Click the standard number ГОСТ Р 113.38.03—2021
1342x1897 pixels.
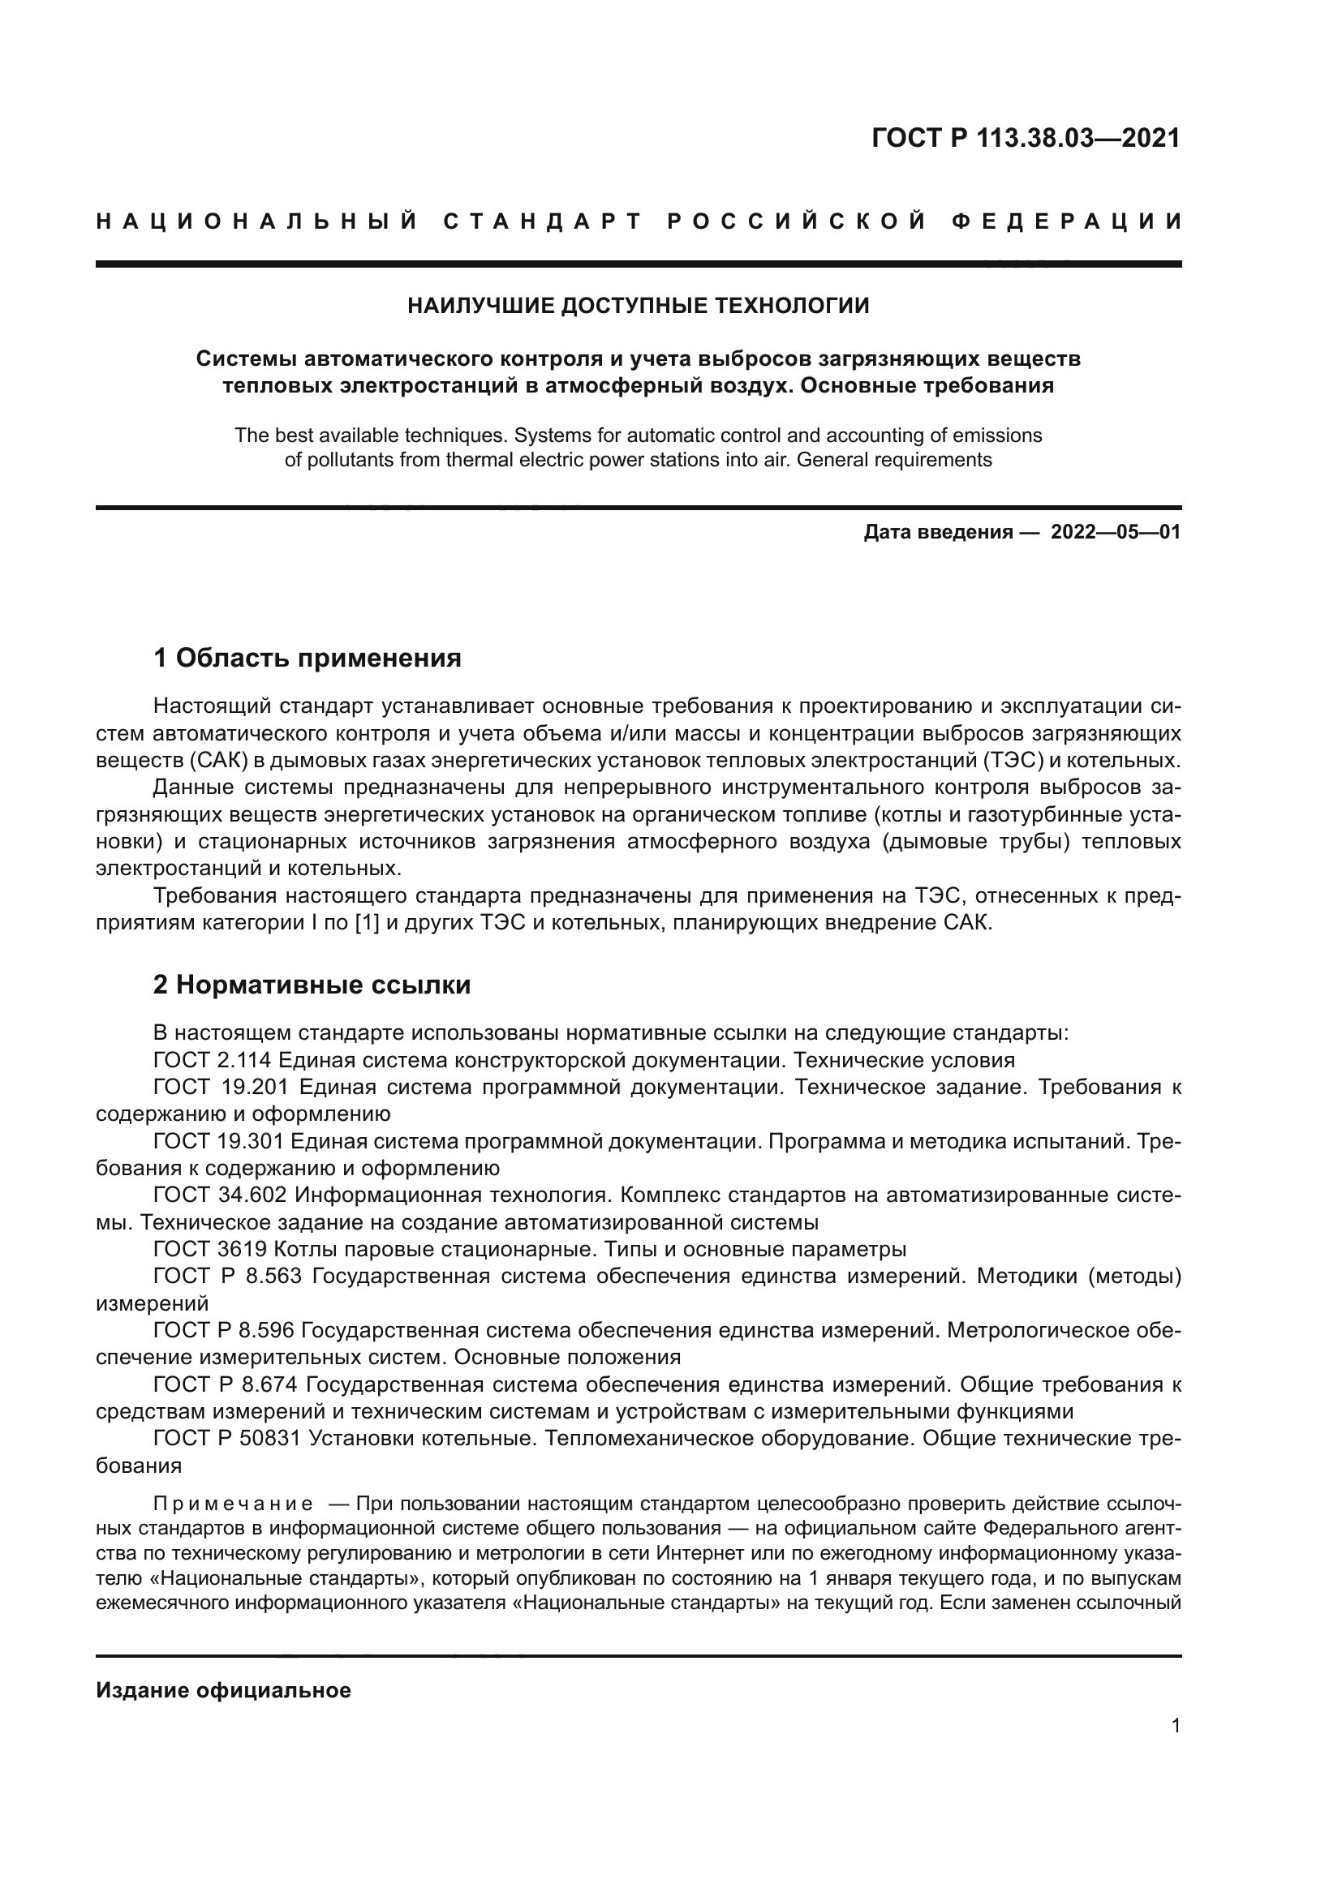tap(1026, 138)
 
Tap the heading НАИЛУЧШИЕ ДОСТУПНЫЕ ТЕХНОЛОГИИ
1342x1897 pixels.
tap(638, 306)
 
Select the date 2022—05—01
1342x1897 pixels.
tap(1116, 532)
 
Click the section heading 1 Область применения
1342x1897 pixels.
tap(308, 659)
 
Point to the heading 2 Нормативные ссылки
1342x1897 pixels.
tap(312, 985)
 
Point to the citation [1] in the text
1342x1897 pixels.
tap(366, 923)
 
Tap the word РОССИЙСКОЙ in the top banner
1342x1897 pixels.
tap(797, 221)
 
